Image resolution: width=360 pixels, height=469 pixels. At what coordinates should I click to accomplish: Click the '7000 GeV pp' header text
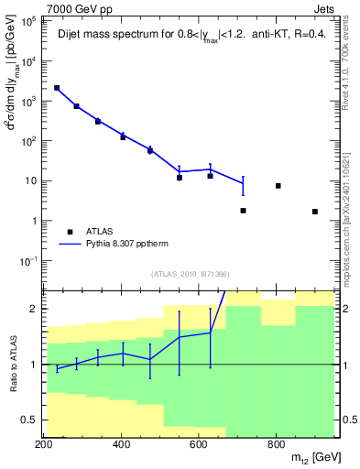(71, 7)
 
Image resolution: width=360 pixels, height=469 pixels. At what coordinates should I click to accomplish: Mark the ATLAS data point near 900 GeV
(314, 212)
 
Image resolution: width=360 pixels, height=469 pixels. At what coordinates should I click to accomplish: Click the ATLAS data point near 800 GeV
(278, 186)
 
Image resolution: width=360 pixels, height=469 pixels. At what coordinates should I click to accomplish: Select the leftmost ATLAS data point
(57, 88)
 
